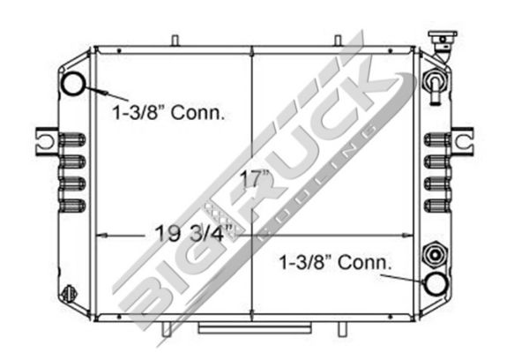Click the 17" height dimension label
(x=255, y=179)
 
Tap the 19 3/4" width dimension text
(x=194, y=233)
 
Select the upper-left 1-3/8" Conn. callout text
(x=168, y=112)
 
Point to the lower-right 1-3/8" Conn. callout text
(x=336, y=262)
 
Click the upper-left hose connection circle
(x=73, y=84)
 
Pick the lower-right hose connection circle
(x=436, y=284)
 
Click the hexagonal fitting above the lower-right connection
(x=436, y=254)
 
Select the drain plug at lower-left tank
(x=69, y=293)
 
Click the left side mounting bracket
(x=47, y=141)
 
